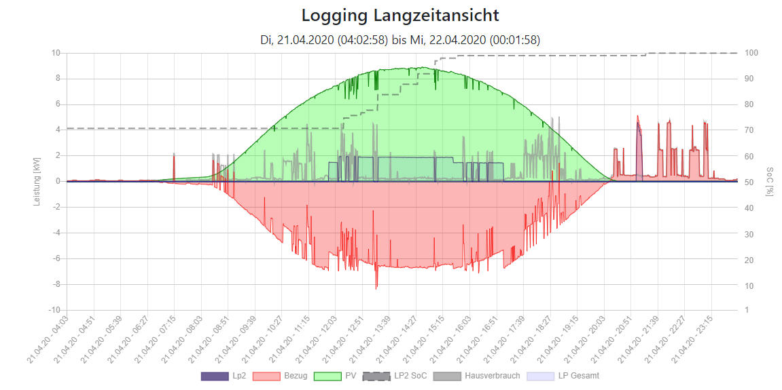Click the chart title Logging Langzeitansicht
[400, 15]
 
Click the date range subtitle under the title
[400, 39]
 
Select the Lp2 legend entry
[224, 375]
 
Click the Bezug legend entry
[279, 375]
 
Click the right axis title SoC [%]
[768, 181]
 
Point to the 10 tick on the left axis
[56, 53]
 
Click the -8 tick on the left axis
[56, 284]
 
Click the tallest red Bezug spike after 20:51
[637, 117]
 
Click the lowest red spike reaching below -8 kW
[376, 288]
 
